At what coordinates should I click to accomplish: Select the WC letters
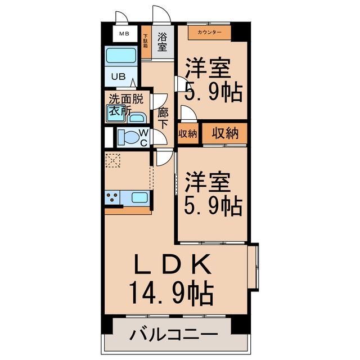144,137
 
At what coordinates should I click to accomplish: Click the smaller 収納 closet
188,133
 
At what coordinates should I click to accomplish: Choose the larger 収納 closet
225,133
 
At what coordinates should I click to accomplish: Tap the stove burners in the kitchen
111,197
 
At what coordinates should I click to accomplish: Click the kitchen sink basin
139,197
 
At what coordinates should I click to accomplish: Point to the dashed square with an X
113,161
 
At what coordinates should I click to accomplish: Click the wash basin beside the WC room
136,117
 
